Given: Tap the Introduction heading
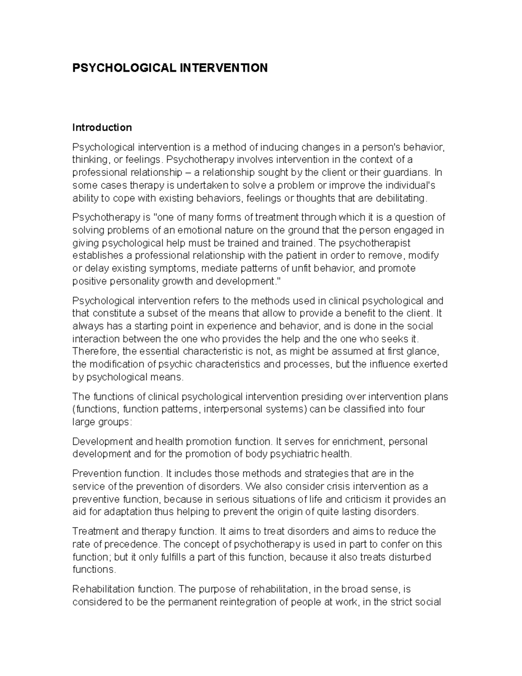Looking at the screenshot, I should [102, 128].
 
